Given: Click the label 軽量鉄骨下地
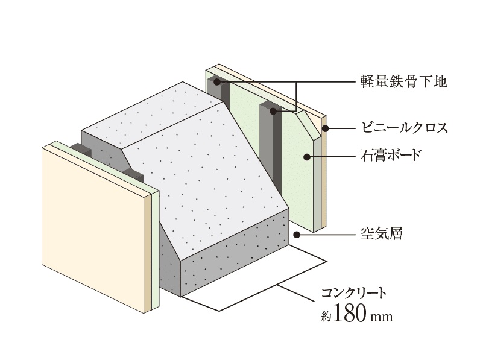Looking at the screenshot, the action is [403, 82].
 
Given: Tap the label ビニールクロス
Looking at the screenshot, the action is [405, 128].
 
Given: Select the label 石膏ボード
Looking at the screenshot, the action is [391, 156].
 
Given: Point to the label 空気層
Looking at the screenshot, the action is [382, 235].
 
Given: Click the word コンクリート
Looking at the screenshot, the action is [353, 293].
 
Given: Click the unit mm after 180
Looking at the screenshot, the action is [382, 317].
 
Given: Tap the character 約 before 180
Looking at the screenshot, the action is [326, 316].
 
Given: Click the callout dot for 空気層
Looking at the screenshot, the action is [296, 235].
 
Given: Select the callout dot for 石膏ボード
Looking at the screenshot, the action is [307, 157].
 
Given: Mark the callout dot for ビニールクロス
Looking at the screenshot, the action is [326, 128].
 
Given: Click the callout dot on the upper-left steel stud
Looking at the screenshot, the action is [217, 82].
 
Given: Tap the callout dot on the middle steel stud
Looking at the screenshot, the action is [273, 111].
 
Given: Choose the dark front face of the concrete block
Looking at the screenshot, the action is [235, 254].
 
